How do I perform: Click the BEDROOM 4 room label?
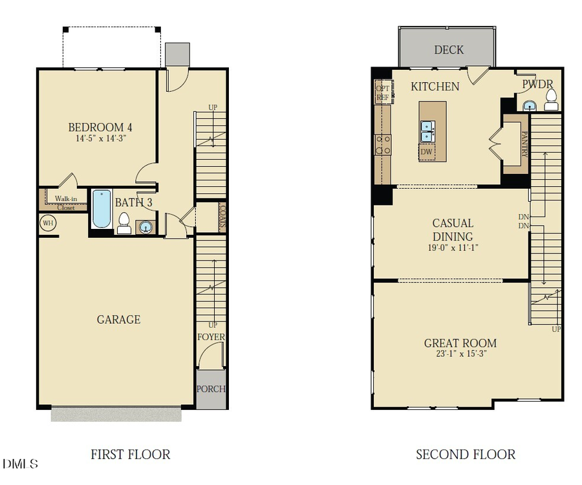tap(100, 127)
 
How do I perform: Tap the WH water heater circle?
tap(48, 223)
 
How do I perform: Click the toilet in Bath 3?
tap(124, 223)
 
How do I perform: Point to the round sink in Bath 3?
tap(145, 227)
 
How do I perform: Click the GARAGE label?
tap(119, 319)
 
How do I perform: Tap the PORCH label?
tap(211, 389)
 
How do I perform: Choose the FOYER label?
tap(211, 337)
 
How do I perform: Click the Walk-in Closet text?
tap(66, 203)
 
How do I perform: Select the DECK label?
tap(449, 50)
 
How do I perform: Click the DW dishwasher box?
tap(427, 152)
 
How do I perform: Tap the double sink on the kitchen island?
tap(427, 131)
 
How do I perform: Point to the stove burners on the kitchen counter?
tap(383, 145)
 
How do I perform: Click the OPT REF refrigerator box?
tap(383, 92)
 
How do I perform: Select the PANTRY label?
tap(524, 144)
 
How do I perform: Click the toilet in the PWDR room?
tap(551, 100)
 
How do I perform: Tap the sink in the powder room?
tap(529, 105)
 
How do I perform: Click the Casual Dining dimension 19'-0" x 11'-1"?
tap(453, 248)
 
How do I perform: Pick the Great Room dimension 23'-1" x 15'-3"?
tap(461, 354)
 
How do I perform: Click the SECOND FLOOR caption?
tap(466, 455)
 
